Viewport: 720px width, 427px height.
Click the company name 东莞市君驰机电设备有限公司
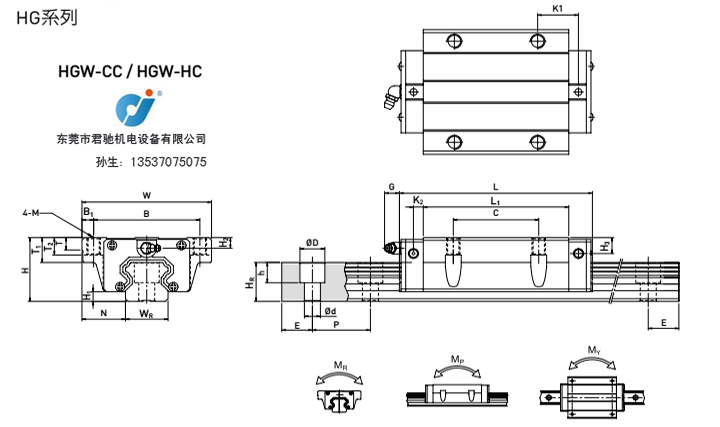[x=132, y=140]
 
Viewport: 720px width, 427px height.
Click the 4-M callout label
[x=32, y=213]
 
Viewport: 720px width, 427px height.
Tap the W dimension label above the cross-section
[x=147, y=194]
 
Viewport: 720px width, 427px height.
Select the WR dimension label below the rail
[x=146, y=316]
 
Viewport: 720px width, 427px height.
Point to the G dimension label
[x=392, y=187]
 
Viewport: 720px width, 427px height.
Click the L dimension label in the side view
[x=496, y=187]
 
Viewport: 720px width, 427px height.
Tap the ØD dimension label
[x=312, y=242]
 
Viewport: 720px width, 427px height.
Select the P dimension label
[x=336, y=326]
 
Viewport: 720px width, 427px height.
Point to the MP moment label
[x=457, y=359]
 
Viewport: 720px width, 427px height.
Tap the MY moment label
[x=594, y=351]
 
